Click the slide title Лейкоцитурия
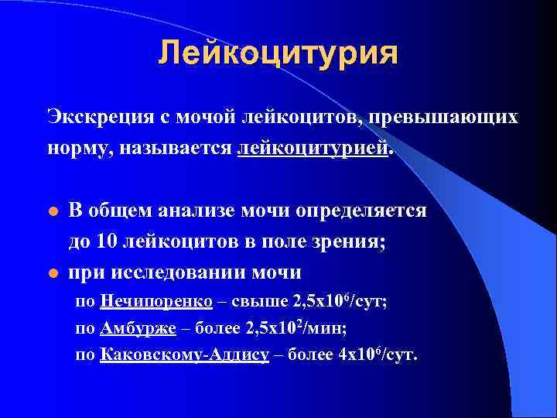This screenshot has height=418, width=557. tap(278, 53)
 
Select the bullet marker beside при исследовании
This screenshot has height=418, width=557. tap(51, 273)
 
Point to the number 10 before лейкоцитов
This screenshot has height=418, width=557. tap(108, 242)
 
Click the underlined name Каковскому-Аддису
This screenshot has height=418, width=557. tap(184, 355)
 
